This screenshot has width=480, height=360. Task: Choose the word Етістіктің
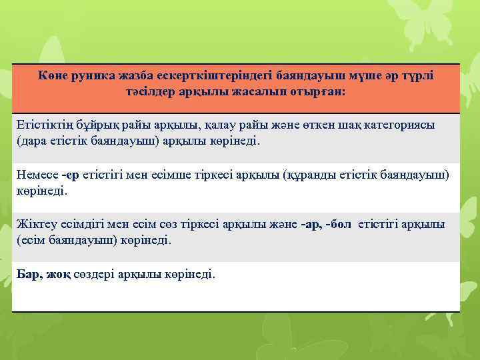(44, 126)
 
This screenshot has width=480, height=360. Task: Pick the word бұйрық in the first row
(97, 126)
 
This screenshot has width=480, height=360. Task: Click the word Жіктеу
(34, 225)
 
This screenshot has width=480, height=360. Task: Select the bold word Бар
(27, 274)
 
